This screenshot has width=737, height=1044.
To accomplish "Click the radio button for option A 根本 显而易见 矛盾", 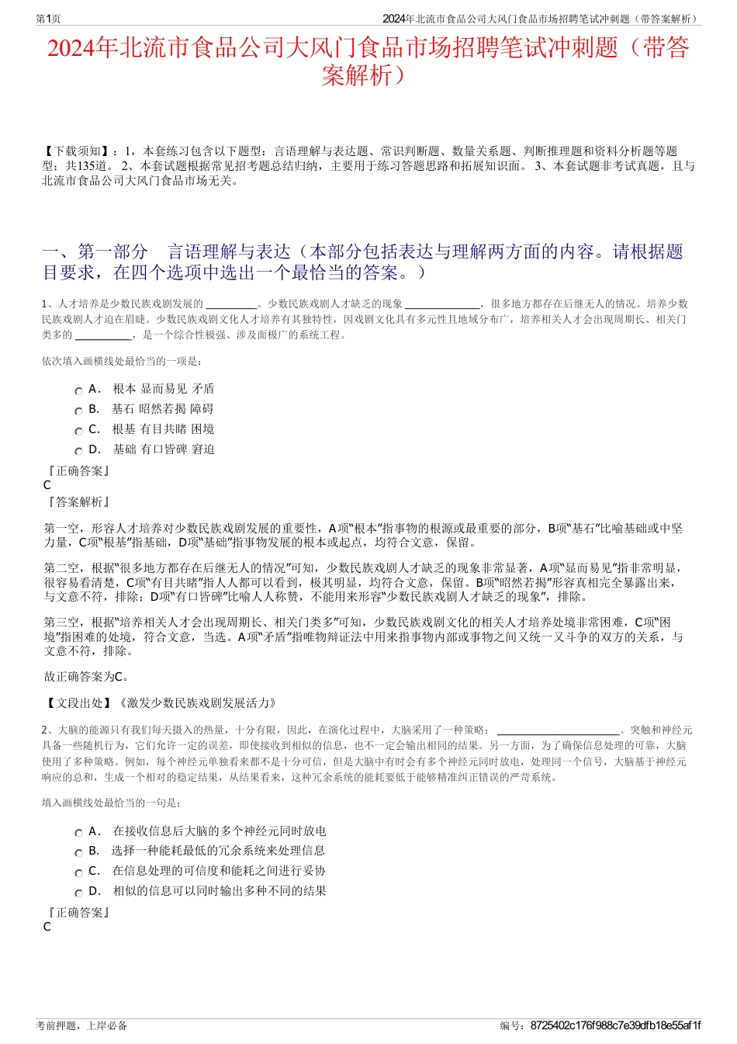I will click(78, 391).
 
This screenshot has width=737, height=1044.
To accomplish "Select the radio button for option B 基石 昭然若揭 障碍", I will click(78, 411).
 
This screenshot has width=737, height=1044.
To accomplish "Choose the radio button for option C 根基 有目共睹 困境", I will click(78, 432).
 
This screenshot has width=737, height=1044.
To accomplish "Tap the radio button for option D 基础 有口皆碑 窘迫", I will click(78, 452).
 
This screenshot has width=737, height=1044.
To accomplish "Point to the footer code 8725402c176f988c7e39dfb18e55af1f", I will click(615, 1025).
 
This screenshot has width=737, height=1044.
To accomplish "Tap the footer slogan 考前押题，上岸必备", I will click(81, 1025).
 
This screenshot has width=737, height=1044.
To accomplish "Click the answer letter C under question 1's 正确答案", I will click(47, 485).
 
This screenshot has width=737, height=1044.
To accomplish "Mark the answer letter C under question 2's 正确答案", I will click(47, 927).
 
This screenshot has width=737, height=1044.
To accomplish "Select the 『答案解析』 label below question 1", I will click(78, 502).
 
